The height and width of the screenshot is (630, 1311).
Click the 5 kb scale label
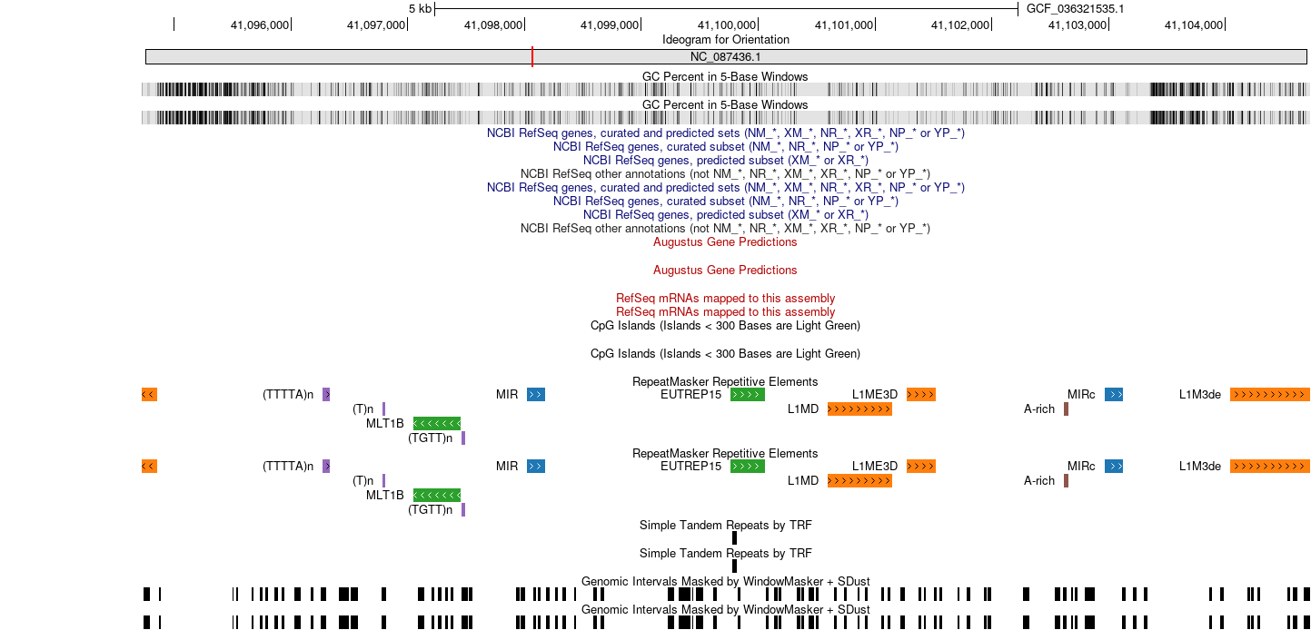[x=420, y=9]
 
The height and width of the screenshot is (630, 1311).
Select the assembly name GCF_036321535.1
[x=1075, y=9]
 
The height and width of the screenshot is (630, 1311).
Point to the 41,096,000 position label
[x=260, y=25]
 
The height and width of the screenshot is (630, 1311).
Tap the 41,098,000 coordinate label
[x=492, y=25]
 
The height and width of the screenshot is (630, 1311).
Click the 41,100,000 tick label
[x=727, y=25]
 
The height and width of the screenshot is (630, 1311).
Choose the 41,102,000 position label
[x=960, y=25]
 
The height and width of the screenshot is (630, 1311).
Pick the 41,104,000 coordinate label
[x=1194, y=25]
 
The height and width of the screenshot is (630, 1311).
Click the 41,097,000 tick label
[x=376, y=25]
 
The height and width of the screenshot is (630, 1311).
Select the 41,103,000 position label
[x=1078, y=25]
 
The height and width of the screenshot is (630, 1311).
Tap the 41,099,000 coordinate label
[x=610, y=25]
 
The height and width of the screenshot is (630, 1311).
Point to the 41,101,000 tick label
[x=844, y=25]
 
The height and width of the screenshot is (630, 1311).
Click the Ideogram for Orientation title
[x=726, y=40]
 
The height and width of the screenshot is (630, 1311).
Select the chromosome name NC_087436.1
[x=725, y=57]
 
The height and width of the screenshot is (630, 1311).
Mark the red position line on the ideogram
[x=532, y=57]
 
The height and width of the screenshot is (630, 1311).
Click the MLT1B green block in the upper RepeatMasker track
[x=437, y=424]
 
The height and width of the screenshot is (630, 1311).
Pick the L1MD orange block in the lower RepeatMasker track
[x=859, y=481]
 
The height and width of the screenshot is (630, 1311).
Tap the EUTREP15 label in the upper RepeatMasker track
[x=690, y=395]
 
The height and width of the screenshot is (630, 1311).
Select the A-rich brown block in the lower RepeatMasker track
[x=1066, y=481]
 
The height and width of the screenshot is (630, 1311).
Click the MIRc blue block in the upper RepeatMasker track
[x=1114, y=395]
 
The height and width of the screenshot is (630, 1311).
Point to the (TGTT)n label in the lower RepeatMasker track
[x=430, y=510]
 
